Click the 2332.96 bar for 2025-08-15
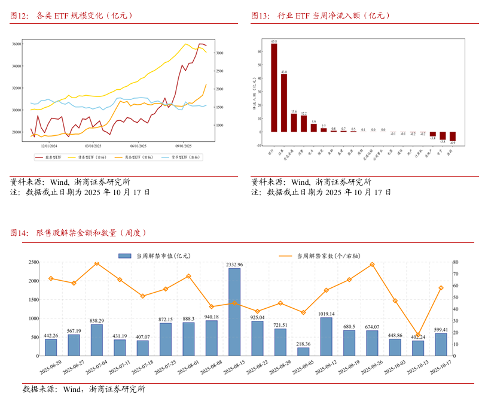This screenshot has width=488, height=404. pos(234,304)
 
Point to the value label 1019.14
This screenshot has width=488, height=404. pos(327,314)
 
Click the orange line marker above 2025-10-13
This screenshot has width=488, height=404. pos(418,335)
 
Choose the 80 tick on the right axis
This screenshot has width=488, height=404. pos(456,262)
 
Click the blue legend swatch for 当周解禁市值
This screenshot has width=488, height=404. pos(124,256)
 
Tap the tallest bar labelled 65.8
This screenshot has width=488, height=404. pos(274,87)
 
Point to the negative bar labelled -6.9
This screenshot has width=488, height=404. pos(453,136)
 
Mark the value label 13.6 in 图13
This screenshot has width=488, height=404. pos(294,111)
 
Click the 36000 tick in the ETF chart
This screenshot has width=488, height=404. pos(17,44)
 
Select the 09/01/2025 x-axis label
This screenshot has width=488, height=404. pos(183,145)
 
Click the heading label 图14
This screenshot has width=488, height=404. pos(19,233)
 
